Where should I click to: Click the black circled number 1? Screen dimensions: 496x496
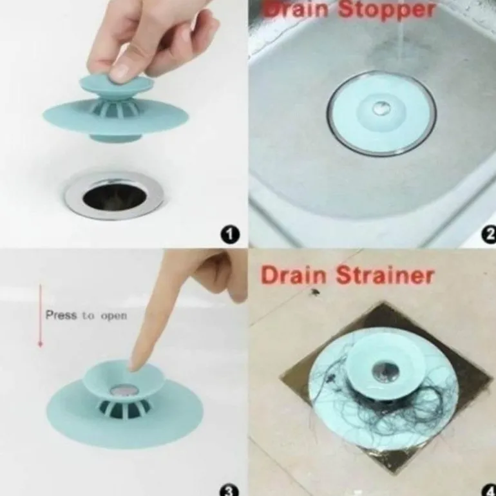point(230,234)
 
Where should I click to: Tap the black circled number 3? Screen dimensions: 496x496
point(229,491)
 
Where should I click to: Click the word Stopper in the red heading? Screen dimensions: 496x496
point(386,10)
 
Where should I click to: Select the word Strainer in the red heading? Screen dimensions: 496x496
point(385,275)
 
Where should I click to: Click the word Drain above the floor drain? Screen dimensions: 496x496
point(294,275)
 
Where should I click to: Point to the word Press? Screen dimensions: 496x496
point(61,315)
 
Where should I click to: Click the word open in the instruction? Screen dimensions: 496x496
point(114,316)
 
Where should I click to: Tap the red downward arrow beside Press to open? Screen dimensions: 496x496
point(40,316)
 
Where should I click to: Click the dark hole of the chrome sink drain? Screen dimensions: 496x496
point(115,196)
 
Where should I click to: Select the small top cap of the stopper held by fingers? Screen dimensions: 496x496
point(117,85)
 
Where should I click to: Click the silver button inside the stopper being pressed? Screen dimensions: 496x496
point(124,390)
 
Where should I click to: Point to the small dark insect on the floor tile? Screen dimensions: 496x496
point(314,292)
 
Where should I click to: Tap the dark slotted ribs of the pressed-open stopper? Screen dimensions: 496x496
point(124,408)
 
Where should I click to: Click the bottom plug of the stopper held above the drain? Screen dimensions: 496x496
point(115,138)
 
